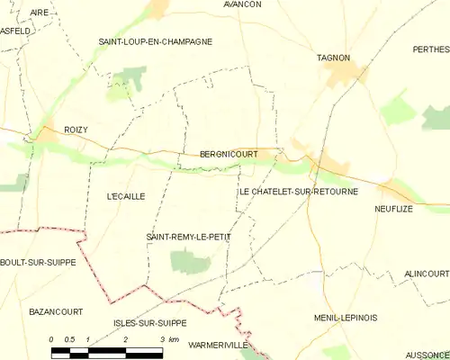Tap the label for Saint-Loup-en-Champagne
coord(156,41)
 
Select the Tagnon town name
coord(333,58)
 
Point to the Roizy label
coord(76,130)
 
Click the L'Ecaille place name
coord(125,195)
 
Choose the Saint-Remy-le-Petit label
coord(188,237)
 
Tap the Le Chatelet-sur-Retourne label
coord(298,192)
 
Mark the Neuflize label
coord(393,208)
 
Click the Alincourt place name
coord(426,273)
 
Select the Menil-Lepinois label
coord(346,318)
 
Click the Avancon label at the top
coord(242,4)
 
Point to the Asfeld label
coord(15,31)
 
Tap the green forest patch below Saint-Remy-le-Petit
coord(190,262)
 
